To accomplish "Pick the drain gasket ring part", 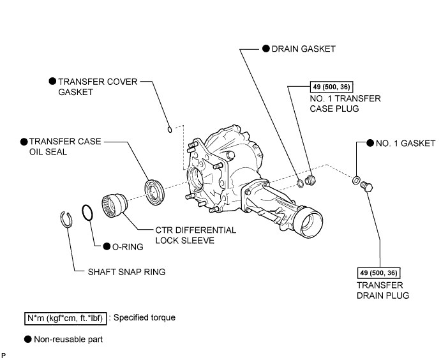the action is pyautogui.click(x=299, y=183).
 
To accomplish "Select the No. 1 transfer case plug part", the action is pyautogui.click(x=311, y=180).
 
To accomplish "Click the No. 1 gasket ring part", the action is pyautogui.click(x=354, y=180).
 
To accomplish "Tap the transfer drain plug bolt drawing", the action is pyautogui.click(x=367, y=187).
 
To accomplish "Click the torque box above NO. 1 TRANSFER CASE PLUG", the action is pyautogui.click(x=331, y=87).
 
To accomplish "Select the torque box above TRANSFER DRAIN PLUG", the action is pyautogui.click(x=378, y=273).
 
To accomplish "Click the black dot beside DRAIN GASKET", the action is pyautogui.click(x=266, y=49).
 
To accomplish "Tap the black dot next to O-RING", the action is pyautogui.click(x=107, y=246).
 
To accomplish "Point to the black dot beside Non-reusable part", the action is pyautogui.click(x=28, y=339).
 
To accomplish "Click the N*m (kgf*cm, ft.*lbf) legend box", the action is pyautogui.click(x=66, y=319).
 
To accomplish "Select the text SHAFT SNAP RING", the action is pyautogui.click(x=126, y=272).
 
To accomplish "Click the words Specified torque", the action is pyautogui.click(x=144, y=317).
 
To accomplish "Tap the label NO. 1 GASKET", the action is pyautogui.click(x=405, y=144).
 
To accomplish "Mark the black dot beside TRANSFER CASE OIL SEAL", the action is pyautogui.click(x=24, y=142).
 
